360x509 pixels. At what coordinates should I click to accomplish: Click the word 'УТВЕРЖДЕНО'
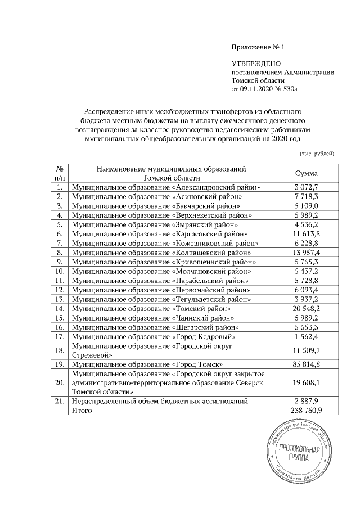click(x=256, y=64)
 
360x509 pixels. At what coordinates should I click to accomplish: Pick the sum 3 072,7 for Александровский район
click(x=306, y=187)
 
